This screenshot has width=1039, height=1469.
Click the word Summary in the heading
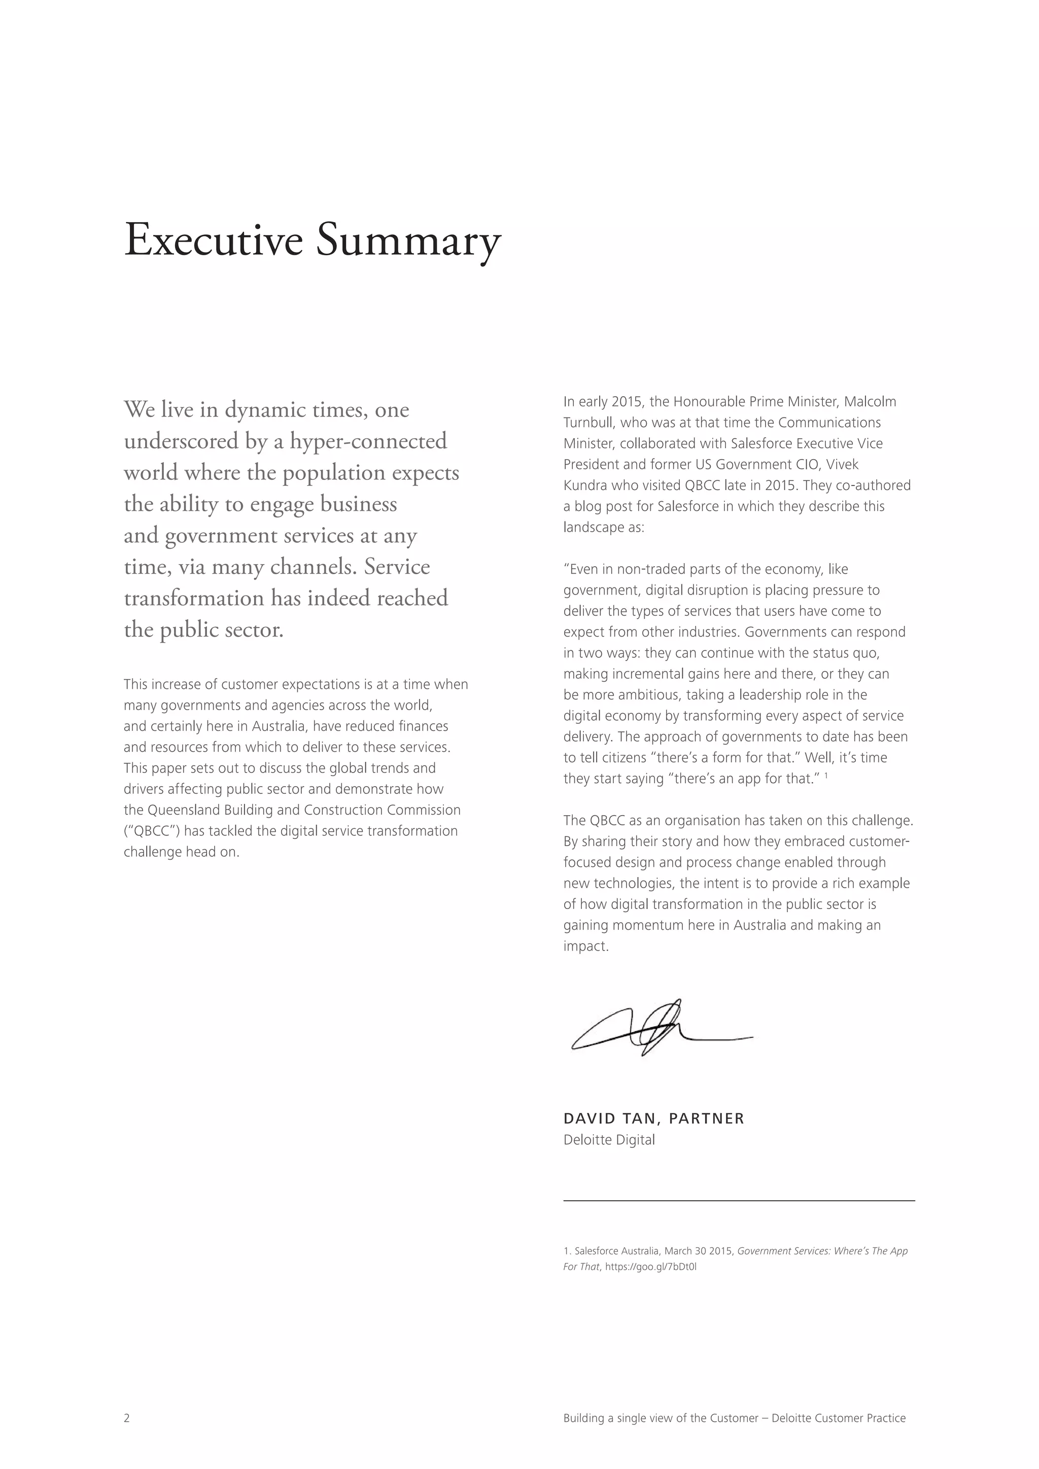[409, 241]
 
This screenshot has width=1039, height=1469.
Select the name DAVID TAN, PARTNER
[653, 1118]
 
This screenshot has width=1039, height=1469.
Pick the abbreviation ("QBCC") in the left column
[152, 831]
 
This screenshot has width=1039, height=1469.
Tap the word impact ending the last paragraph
[585, 946]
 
